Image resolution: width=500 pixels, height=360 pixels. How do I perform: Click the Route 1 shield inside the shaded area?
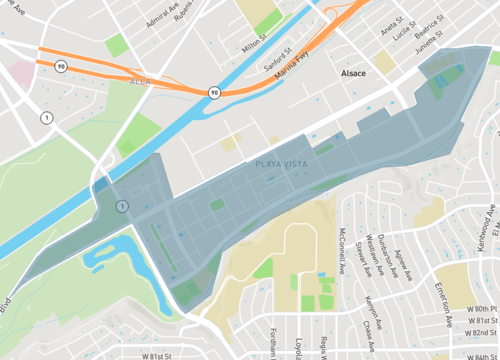click(x=121, y=206)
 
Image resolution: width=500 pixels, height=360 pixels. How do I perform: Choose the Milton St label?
click(x=257, y=43)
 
